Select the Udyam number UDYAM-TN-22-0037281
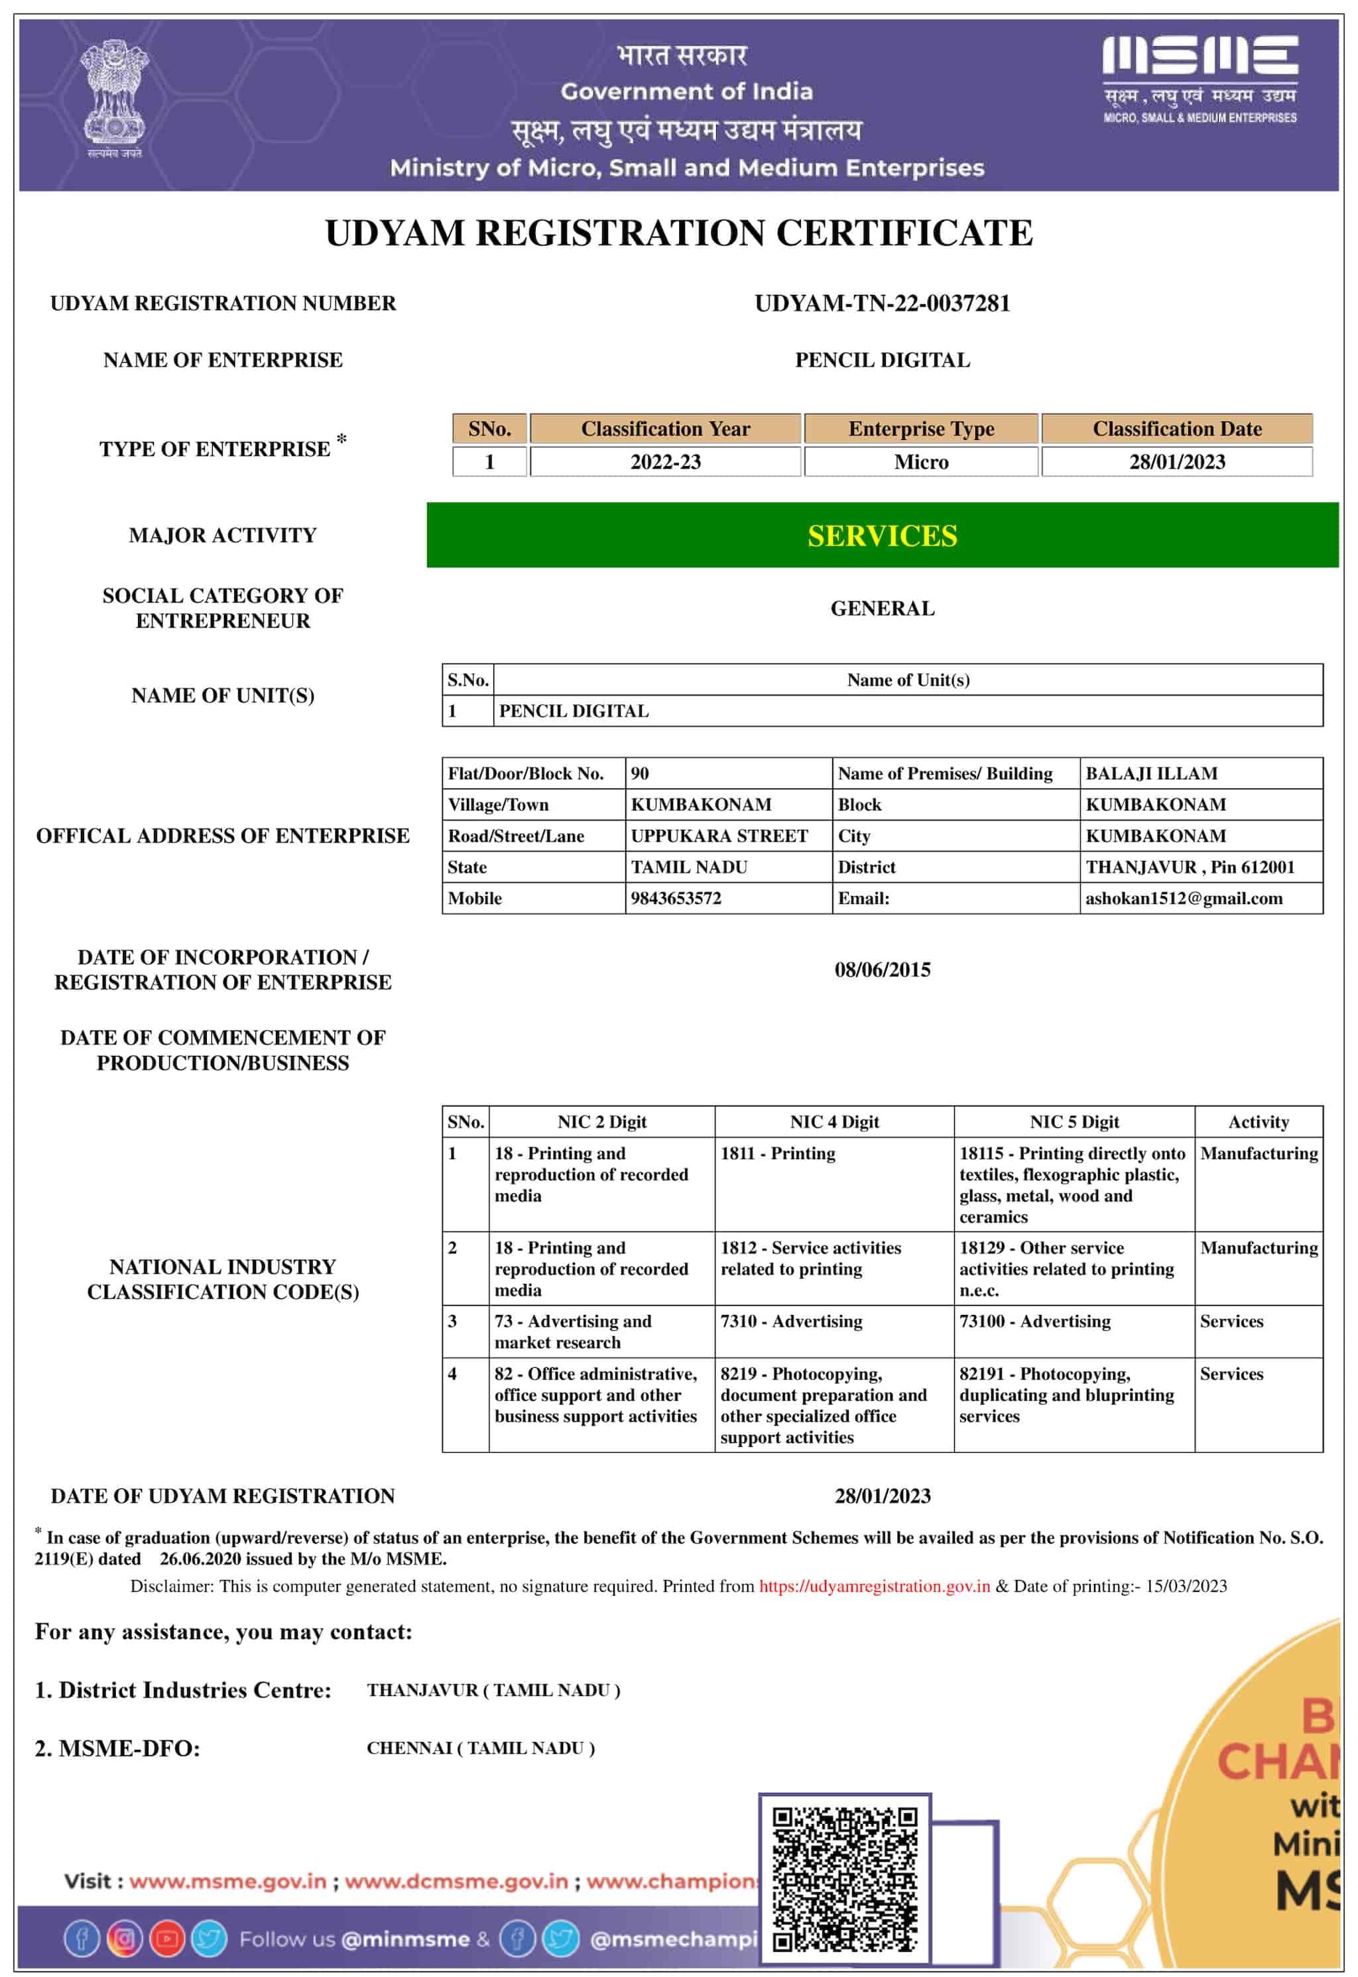[883, 304]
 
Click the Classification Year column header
[665, 429]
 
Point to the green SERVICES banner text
[883, 536]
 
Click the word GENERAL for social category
[883, 608]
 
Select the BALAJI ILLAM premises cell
[1151, 773]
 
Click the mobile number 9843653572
[676, 898]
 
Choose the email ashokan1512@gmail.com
[1184, 898]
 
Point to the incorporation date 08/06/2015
[883, 970]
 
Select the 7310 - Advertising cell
[791, 1321]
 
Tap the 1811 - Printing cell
[778, 1154]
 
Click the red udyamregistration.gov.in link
[874, 1586]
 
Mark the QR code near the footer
[844, 1878]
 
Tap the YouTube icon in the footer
[167, 1939]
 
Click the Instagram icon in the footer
[124, 1939]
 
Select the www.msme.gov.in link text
[228, 1881]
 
